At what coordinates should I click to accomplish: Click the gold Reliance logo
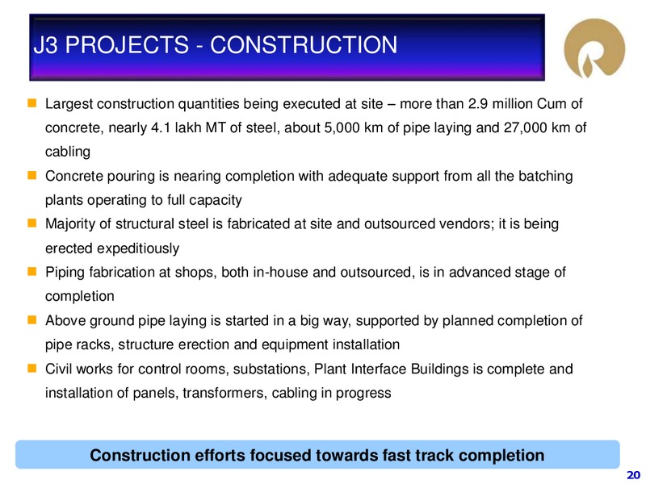coord(594,48)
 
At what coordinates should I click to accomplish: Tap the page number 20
coord(633,474)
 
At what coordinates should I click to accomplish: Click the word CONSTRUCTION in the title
coord(304,45)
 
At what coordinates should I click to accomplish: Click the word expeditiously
coord(138,248)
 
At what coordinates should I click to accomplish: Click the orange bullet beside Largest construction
coord(32,103)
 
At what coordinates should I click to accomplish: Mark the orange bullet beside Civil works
coord(32,368)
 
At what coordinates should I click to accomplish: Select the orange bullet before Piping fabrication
coord(32,272)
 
